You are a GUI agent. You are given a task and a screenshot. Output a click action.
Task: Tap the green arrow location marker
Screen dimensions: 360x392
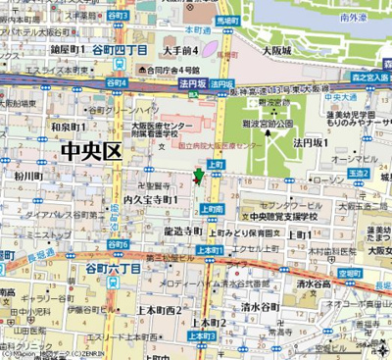click(199, 177)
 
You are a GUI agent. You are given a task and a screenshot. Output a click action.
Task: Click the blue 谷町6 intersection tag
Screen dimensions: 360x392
click(118, 244)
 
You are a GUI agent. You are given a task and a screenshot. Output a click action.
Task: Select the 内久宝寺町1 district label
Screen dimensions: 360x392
click(150, 199)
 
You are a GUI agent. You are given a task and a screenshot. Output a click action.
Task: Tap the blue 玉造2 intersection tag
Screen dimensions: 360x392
click(358, 174)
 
